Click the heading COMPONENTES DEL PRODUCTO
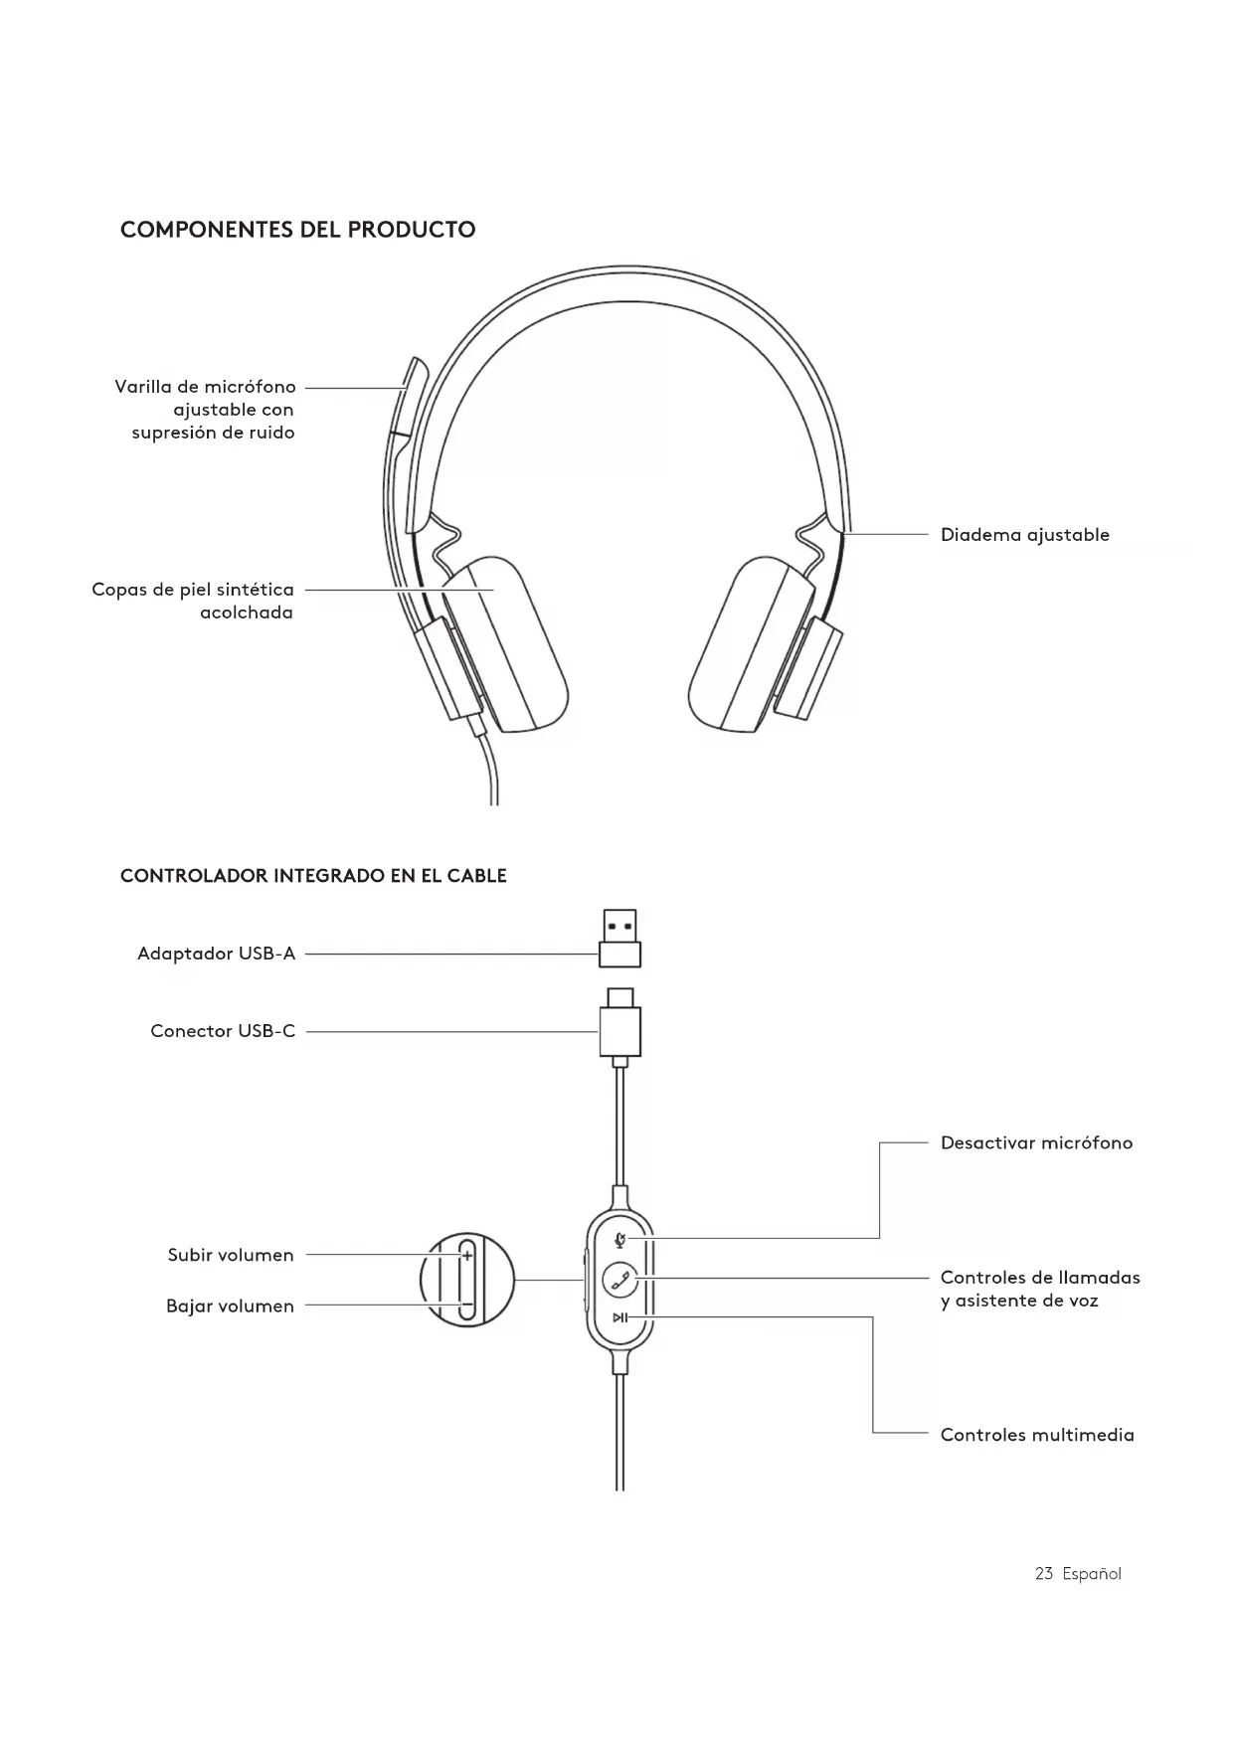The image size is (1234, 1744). pyautogui.click(x=297, y=230)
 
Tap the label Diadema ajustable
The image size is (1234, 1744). pyautogui.click(x=1024, y=535)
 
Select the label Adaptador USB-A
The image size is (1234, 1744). pyautogui.click(x=216, y=954)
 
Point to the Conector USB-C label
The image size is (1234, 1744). pyautogui.click(x=223, y=1031)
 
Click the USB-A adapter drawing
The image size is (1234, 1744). pyautogui.click(x=619, y=939)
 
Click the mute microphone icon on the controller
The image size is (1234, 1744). pyautogui.click(x=620, y=1239)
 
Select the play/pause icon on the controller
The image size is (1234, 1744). pyautogui.click(x=619, y=1317)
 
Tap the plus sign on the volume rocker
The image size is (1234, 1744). pyautogui.click(x=466, y=1256)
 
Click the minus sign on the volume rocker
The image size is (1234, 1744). pyautogui.click(x=466, y=1305)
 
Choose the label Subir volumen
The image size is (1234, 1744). pyautogui.click(x=231, y=1255)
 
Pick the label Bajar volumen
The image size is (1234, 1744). pyautogui.click(x=230, y=1307)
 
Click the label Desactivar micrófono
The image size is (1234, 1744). pyautogui.click(x=1036, y=1143)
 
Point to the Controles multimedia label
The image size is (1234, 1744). pyautogui.click(x=1037, y=1435)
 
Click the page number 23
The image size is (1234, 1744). pyautogui.click(x=1043, y=1574)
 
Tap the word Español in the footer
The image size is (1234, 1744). pyautogui.click(x=1091, y=1574)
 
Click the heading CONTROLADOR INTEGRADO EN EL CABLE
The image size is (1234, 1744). pyautogui.click(x=313, y=876)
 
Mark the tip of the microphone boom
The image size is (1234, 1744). pyautogui.click(x=415, y=368)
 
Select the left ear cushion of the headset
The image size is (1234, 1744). pyautogui.click(x=502, y=641)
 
